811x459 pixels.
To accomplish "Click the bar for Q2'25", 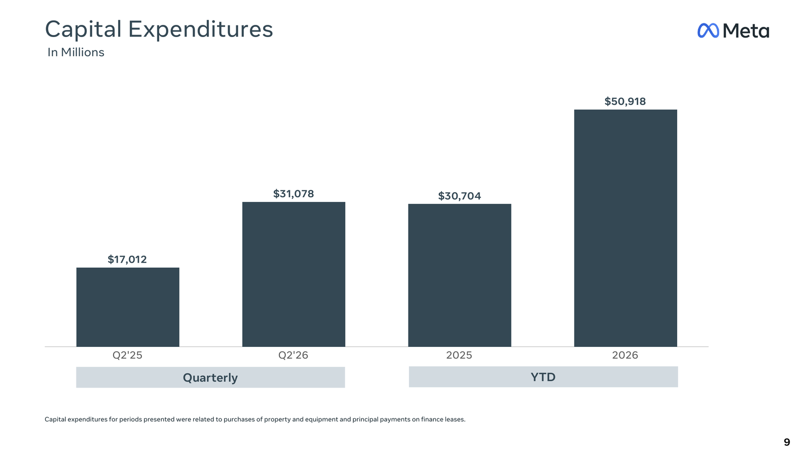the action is (x=128, y=307).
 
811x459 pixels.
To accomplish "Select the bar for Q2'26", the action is (x=293, y=274).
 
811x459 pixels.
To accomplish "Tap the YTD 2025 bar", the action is (x=460, y=275).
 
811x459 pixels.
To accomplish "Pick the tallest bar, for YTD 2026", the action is (x=625, y=228).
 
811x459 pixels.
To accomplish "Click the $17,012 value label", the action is (x=127, y=259).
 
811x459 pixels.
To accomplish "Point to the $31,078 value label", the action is (x=293, y=194).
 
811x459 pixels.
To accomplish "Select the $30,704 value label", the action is (x=459, y=196).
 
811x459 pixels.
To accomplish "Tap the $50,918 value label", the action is (x=625, y=101).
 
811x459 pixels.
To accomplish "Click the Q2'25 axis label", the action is (x=127, y=355).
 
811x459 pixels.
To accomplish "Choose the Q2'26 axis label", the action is (x=293, y=355).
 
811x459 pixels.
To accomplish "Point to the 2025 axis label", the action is (x=459, y=355).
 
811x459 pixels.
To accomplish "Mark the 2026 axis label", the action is (x=625, y=355).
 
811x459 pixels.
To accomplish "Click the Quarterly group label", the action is (x=210, y=378).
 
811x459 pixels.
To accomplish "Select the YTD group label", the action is (x=543, y=377).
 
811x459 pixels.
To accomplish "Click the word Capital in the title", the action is (x=83, y=29).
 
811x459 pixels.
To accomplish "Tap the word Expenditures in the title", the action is (x=201, y=29).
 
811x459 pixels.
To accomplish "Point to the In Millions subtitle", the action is (x=76, y=52).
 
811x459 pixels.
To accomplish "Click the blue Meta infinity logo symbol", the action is (x=708, y=30).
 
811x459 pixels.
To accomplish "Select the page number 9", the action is (x=787, y=442).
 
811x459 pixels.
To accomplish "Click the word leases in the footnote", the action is (x=456, y=419).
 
